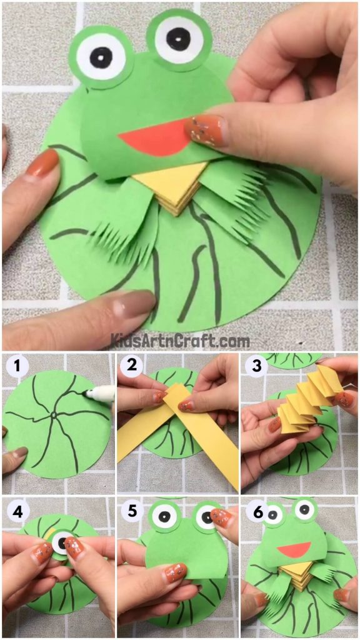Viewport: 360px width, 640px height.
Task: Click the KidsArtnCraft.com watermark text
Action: [180, 341]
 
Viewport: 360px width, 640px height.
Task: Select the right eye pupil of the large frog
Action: [179, 39]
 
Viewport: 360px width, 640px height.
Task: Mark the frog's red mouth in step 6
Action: [294, 551]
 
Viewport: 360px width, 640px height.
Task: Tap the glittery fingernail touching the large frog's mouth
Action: [204, 131]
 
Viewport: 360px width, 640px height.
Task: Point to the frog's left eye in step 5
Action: [164, 516]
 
